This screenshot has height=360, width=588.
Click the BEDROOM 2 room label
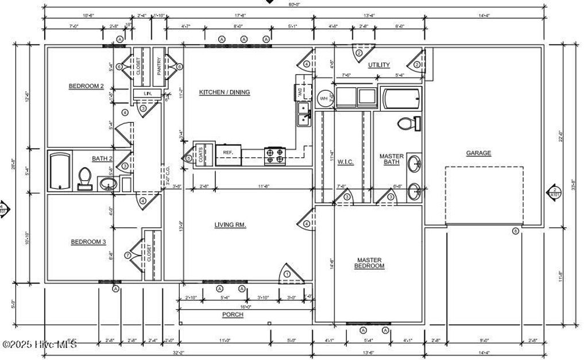(86, 87)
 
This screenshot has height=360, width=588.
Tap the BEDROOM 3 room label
(88, 242)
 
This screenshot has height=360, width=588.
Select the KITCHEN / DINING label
(225, 92)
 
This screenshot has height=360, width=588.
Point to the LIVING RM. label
(230, 225)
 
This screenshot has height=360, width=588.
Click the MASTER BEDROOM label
(369, 263)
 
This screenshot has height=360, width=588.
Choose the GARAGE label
(478, 153)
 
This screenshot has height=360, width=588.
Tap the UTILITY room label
(379, 65)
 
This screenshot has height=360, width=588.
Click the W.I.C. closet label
(345, 162)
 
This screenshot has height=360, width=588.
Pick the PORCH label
(233, 315)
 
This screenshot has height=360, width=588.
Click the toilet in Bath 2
(85, 177)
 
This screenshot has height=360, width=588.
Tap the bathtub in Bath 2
(60, 170)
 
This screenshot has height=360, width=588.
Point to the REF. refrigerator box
(228, 152)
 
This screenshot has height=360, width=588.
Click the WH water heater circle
(324, 99)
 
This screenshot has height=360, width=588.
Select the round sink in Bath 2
(107, 184)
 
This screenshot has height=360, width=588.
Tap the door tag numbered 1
(287, 274)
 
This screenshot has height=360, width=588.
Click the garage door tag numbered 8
(515, 231)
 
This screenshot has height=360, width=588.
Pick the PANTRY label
(159, 65)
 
